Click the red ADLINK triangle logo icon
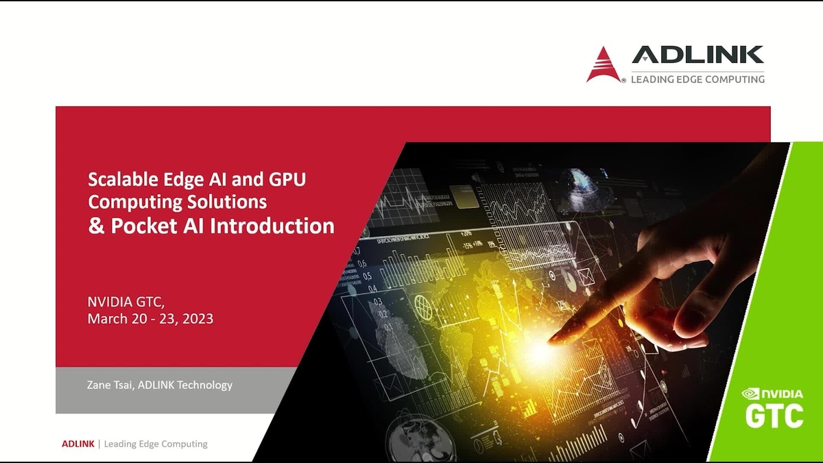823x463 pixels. pyautogui.click(x=603, y=64)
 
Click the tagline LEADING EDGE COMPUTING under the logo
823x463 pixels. pyautogui.click(x=697, y=79)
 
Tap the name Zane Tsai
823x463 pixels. pyautogui.click(x=110, y=385)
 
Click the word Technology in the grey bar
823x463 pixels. pyautogui.click(x=204, y=385)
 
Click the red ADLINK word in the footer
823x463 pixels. pyautogui.click(x=78, y=444)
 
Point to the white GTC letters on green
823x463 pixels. pyautogui.click(x=774, y=416)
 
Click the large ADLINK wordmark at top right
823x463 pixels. pyautogui.click(x=697, y=55)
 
